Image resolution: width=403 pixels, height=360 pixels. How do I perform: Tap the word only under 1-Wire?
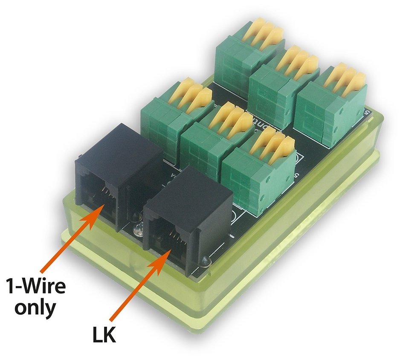(x=35, y=308)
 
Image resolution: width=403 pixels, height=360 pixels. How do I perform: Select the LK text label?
(x=104, y=334)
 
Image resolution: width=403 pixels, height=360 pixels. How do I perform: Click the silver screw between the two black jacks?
(x=138, y=230)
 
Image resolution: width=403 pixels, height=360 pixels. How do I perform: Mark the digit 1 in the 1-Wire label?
(x=10, y=285)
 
